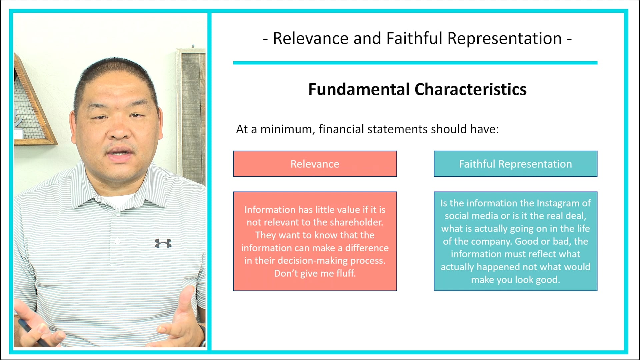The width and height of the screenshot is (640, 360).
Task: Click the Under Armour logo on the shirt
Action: (x=163, y=243)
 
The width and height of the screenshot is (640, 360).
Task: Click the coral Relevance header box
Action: (x=315, y=164)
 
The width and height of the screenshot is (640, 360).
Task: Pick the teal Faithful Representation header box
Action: (x=515, y=164)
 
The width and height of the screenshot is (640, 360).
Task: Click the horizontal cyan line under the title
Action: (x=415, y=63)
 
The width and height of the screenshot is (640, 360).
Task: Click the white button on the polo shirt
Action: (x=117, y=241)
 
